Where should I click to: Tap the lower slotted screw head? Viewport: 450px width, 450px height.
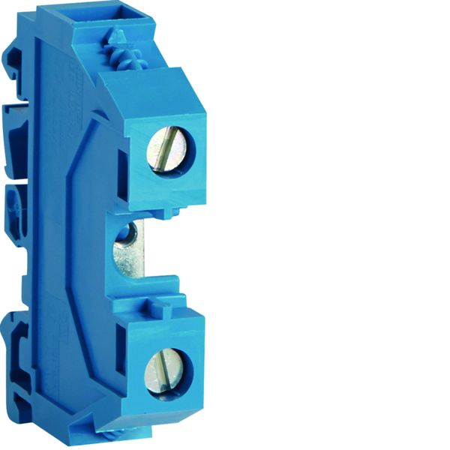tap(168, 370)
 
